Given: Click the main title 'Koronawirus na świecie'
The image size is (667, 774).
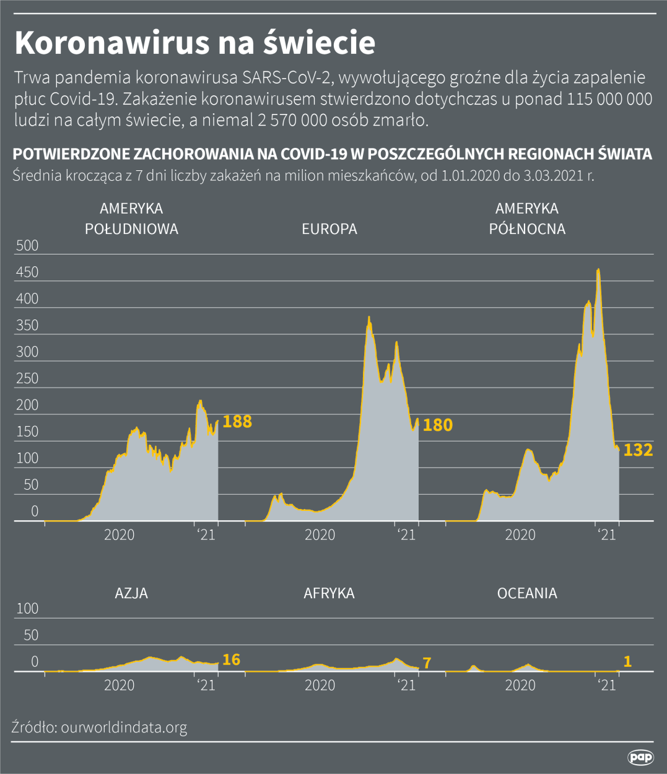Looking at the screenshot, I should click(194, 43).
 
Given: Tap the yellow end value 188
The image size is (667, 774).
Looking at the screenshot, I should click(237, 422).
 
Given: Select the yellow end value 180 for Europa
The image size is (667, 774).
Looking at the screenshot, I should click(438, 425).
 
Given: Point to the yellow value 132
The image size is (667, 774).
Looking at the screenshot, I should click(638, 450).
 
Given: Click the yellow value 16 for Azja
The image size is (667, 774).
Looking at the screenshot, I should click(231, 660).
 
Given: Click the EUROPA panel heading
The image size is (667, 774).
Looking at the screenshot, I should click(329, 229).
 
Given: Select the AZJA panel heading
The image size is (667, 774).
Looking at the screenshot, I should click(131, 593).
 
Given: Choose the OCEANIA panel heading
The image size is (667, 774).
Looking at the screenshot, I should click(527, 593).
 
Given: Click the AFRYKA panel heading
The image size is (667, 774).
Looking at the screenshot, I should click(329, 593).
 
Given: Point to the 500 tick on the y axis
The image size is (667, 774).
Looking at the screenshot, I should click(27, 246).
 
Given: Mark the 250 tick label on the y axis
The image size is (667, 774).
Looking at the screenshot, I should click(27, 378).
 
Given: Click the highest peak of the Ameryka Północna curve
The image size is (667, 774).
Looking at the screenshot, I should click(598, 269).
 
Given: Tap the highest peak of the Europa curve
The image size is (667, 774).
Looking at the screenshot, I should click(369, 318).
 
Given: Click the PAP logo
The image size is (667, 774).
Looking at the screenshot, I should click(640, 757).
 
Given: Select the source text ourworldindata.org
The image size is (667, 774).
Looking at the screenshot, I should click(124, 727).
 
